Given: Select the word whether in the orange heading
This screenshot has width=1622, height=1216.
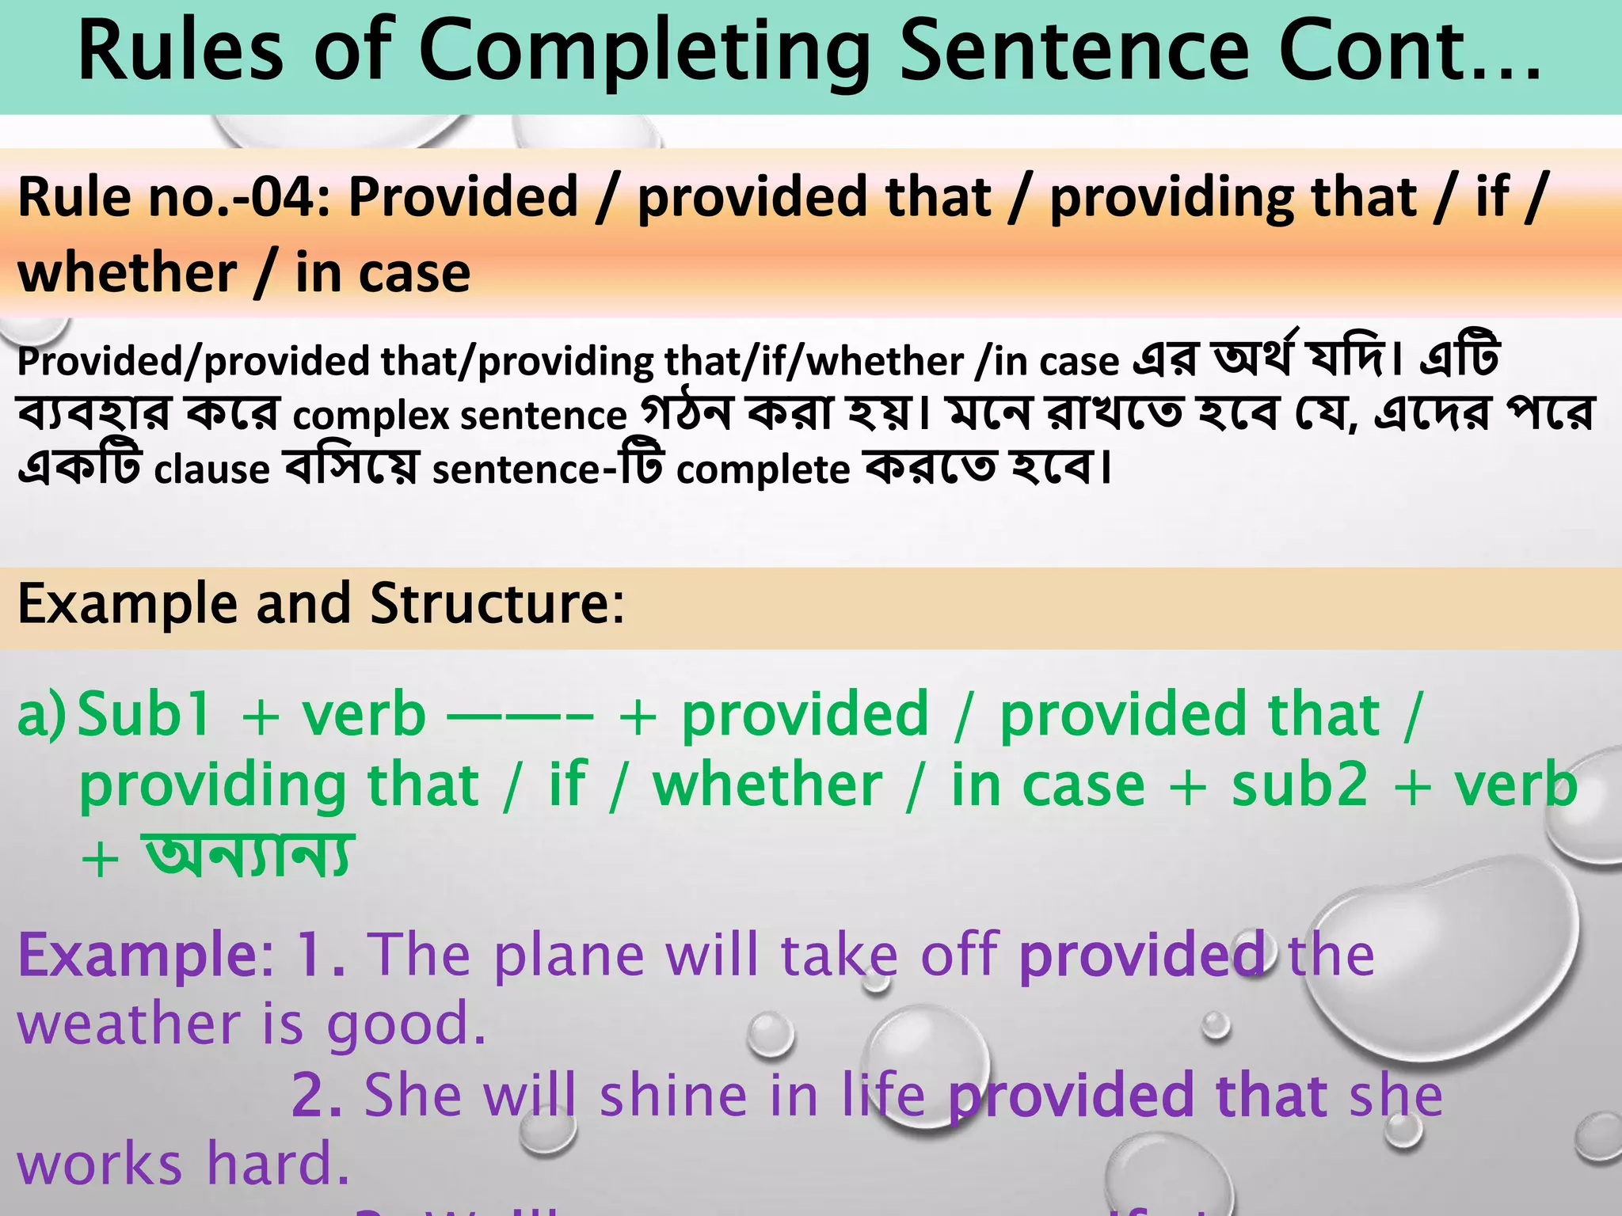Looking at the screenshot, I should point(127,272).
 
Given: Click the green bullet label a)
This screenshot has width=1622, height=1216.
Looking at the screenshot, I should point(41,714).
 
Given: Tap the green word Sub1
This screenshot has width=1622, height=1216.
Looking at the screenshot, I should point(145,714).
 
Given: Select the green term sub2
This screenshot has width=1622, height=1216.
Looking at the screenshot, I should point(1300,785).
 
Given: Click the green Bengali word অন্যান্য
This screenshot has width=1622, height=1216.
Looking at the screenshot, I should point(247,856).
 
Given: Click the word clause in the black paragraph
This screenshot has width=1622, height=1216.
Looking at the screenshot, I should point(211,469).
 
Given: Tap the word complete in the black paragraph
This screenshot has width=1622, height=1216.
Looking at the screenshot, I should point(763,469).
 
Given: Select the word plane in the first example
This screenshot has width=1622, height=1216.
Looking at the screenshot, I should point(569,955).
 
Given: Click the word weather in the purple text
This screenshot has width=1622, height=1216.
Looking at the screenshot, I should point(129,1024).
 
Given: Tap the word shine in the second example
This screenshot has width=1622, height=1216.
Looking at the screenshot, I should point(673,1096).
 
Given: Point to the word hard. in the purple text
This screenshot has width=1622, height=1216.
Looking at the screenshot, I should point(278,1165).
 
